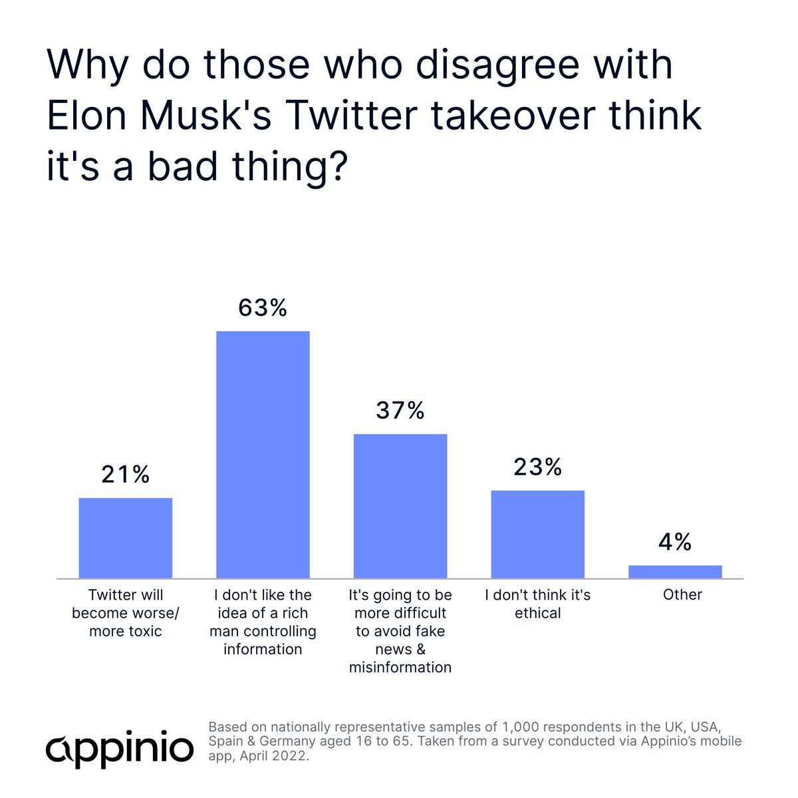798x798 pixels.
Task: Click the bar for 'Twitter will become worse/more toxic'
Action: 126,538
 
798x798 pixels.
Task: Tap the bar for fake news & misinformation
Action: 400,506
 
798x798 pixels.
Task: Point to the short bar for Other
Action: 675,572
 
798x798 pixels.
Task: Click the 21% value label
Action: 126,475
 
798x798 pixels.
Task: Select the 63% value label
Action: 263,308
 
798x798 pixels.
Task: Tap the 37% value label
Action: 400,411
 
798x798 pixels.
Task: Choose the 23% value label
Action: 538,467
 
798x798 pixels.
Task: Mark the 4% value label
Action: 675,543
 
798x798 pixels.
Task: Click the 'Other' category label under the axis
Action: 682,595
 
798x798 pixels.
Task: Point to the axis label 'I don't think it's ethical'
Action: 538,604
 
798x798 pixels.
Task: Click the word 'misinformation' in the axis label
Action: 400,667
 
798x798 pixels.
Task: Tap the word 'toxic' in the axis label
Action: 144,630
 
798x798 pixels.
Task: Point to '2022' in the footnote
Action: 295,756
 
